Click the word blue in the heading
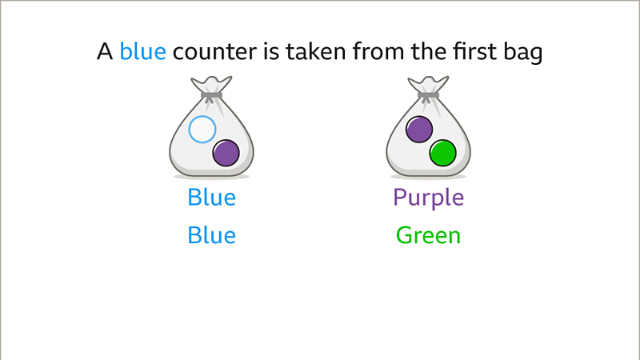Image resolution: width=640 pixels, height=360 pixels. point(142,53)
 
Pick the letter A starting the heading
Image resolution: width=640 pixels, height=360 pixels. point(104,53)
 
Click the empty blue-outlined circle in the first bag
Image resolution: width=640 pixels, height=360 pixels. point(202,129)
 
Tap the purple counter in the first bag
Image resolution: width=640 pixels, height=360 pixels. point(226,152)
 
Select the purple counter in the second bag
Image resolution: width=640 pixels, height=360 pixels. point(419,129)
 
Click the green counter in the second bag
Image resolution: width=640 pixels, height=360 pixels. point(442,152)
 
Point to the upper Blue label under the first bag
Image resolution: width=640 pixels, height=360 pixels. point(211,197)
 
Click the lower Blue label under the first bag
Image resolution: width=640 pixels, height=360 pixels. point(211,235)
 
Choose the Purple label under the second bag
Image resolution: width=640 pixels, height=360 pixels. point(428,197)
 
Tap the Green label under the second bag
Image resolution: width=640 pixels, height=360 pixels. point(428,235)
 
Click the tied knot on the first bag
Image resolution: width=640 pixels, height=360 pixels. point(211,96)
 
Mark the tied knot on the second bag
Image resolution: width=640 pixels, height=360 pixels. point(428,96)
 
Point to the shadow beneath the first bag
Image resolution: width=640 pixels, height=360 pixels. point(211,176)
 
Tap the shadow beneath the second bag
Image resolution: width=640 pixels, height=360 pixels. point(428,176)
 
